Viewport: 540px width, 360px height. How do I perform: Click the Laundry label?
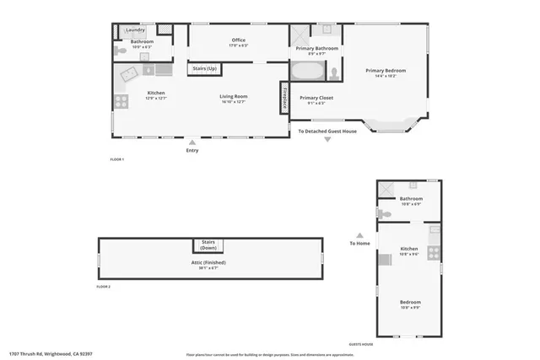point(136,30)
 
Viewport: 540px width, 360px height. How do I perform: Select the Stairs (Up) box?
point(205,68)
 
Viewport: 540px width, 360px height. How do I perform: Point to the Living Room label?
point(234,96)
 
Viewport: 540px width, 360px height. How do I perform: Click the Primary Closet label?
point(316,98)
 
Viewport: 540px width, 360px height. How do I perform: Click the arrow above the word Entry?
point(193,141)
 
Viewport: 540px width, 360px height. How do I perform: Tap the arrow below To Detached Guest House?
point(327,140)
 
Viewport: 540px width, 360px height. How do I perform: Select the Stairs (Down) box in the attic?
point(208,244)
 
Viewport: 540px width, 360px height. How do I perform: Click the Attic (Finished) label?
point(208,262)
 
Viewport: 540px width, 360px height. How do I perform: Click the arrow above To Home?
point(359,235)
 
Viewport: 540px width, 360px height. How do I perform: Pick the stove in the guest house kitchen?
point(434,251)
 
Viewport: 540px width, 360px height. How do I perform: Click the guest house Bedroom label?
point(410,302)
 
